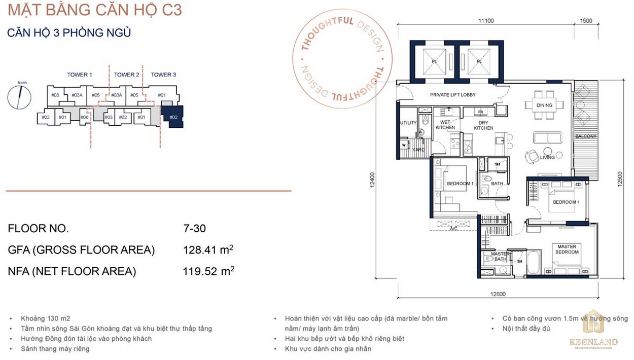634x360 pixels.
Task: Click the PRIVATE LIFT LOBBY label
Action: coord(452,95)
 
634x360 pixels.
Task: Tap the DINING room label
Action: coord(545,105)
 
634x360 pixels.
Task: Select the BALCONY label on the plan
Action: coord(586,136)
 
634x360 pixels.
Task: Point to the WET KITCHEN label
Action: coord(445,125)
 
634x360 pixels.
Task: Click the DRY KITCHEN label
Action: coord(483,125)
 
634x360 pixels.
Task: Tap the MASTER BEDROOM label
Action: coord(567,249)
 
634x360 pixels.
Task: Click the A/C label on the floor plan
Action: coord(454,229)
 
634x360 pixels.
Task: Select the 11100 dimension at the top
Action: coord(485,21)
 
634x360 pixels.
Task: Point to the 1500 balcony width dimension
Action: coord(586,21)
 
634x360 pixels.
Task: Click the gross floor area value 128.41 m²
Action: coord(208,250)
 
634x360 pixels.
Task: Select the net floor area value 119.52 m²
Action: coord(208,271)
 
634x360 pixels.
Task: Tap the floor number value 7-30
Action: coord(194,229)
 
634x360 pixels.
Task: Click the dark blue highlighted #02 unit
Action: coord(173,117)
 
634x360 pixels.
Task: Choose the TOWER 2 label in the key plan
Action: coord(126,75)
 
